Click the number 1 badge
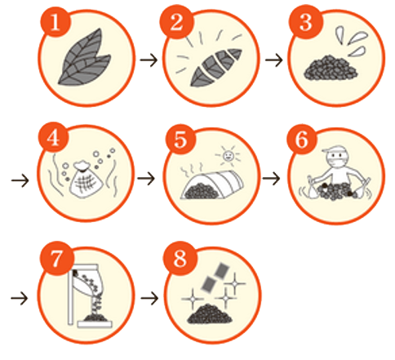tap(55, 22)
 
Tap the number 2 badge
tap(177, 22)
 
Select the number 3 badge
tap(305, 22)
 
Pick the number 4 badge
tap(53, 137)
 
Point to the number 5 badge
tap(180, 140)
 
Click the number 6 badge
tap(302, 140)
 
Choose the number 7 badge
tap(56, 258)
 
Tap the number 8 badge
tap(180, 258)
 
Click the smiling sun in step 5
tap(228, 156)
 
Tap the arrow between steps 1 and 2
tap(149, 60)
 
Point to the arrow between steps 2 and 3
tap(274, 60)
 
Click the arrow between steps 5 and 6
tap(271, 179)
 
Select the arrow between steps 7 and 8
tap(149, 298)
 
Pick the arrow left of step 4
tap(20, 180)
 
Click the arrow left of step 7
tap(20, 299)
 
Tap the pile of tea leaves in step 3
tap(331, 68)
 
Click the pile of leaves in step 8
tap(210, 313)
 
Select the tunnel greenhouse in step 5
tap(212, 185)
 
